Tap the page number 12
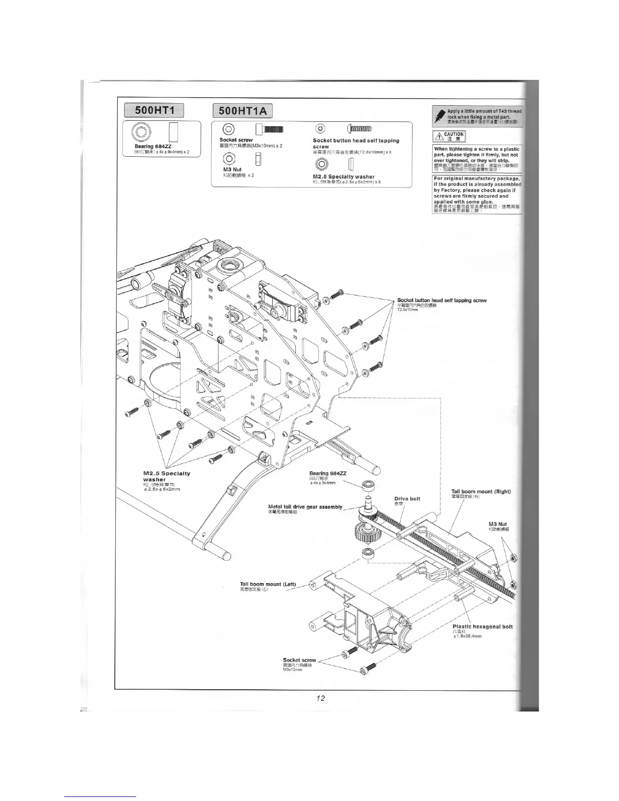pos(320,698)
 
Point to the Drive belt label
pos(407,499)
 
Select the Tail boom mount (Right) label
pos(481,492)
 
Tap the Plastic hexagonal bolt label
pos(482,627)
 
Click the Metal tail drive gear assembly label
pos(305,507)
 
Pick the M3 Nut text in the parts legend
pos(233,169)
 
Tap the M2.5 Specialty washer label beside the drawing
pos(166,476)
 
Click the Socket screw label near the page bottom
pos(299,660)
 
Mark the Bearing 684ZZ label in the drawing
pos(328,473)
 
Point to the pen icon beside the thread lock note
pos(439,117)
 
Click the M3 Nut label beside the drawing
pos(498,524)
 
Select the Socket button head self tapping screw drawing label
pos(441,300)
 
